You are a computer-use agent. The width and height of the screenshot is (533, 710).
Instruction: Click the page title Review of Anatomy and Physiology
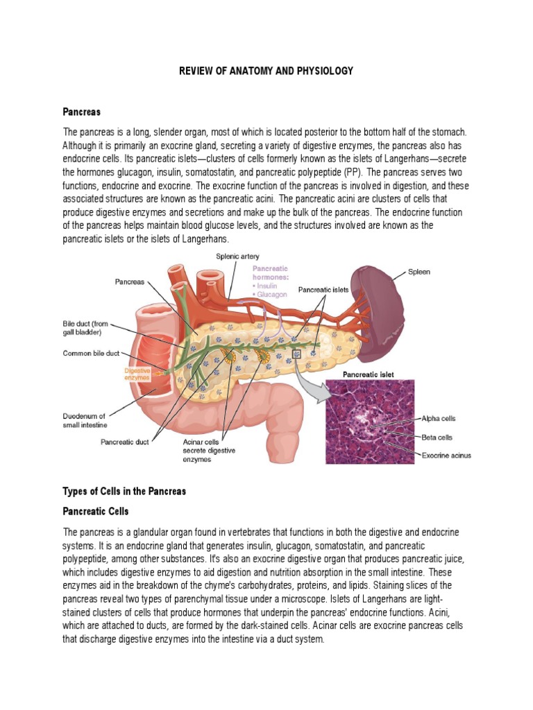coord(266,71)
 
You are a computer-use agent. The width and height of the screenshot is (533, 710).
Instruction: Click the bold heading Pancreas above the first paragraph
coord(82,111)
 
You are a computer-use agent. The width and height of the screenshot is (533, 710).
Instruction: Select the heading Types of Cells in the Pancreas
coord(125,491)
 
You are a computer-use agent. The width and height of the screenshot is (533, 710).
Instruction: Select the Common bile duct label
coord(92,352)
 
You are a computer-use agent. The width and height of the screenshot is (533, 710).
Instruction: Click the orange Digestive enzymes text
coord(137,374)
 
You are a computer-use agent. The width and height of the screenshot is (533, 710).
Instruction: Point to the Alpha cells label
coord(439,419)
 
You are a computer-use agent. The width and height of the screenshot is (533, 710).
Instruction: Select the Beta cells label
coord(437,438)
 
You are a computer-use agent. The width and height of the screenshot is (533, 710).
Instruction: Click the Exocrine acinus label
coord(446,456)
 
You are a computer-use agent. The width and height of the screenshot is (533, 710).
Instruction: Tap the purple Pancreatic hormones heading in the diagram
coord(270,272)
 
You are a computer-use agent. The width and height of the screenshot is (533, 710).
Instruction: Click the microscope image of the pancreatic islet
coord(370,421)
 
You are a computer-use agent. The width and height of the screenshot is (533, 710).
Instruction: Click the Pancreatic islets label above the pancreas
coord(323,289)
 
